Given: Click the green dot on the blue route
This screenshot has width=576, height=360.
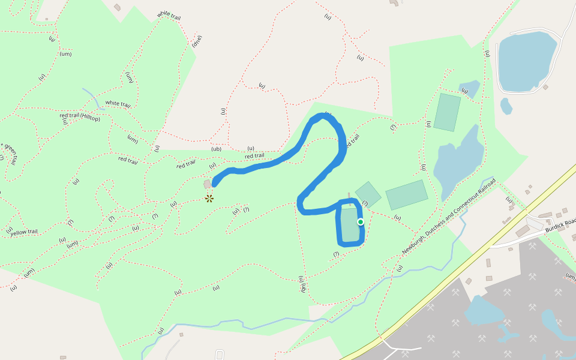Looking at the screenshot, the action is pyautogui.click(x=361, y=222).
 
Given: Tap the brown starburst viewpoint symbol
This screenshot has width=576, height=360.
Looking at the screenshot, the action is pyautogui.click(x=209, y=198).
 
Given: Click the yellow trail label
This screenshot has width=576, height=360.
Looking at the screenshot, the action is pyautogui.click(x=24, y=232).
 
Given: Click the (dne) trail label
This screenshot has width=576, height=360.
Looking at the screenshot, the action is pyautogui.click(x=197, y=42).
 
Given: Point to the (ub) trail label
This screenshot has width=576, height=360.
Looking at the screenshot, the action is pyautogui.click(x=217, y=149).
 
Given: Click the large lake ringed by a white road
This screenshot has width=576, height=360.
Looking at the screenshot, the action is pyautogui.click(x=526, y=60).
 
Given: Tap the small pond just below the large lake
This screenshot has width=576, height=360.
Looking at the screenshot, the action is pyautogui.click(x=506, y=106).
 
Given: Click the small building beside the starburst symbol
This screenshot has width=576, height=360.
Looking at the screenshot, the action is pyautogui.click(x=208, y=184).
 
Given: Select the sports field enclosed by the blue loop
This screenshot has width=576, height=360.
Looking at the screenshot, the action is pyautogui.click(x=349, y=224).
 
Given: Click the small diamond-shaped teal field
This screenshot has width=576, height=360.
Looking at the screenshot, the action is pyautogui.click(x=368, y=194).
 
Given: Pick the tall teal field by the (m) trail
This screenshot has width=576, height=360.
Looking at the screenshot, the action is pyautogui.click(x=447, y=112).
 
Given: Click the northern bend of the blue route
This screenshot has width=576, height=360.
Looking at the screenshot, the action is pyautogui.click(x=324, y=118).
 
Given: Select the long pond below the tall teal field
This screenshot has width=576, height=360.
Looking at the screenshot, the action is pyautogui.click(x=458, y=162).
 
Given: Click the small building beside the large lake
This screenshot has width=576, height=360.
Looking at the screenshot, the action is pyautogui.click(x=545, y=87).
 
